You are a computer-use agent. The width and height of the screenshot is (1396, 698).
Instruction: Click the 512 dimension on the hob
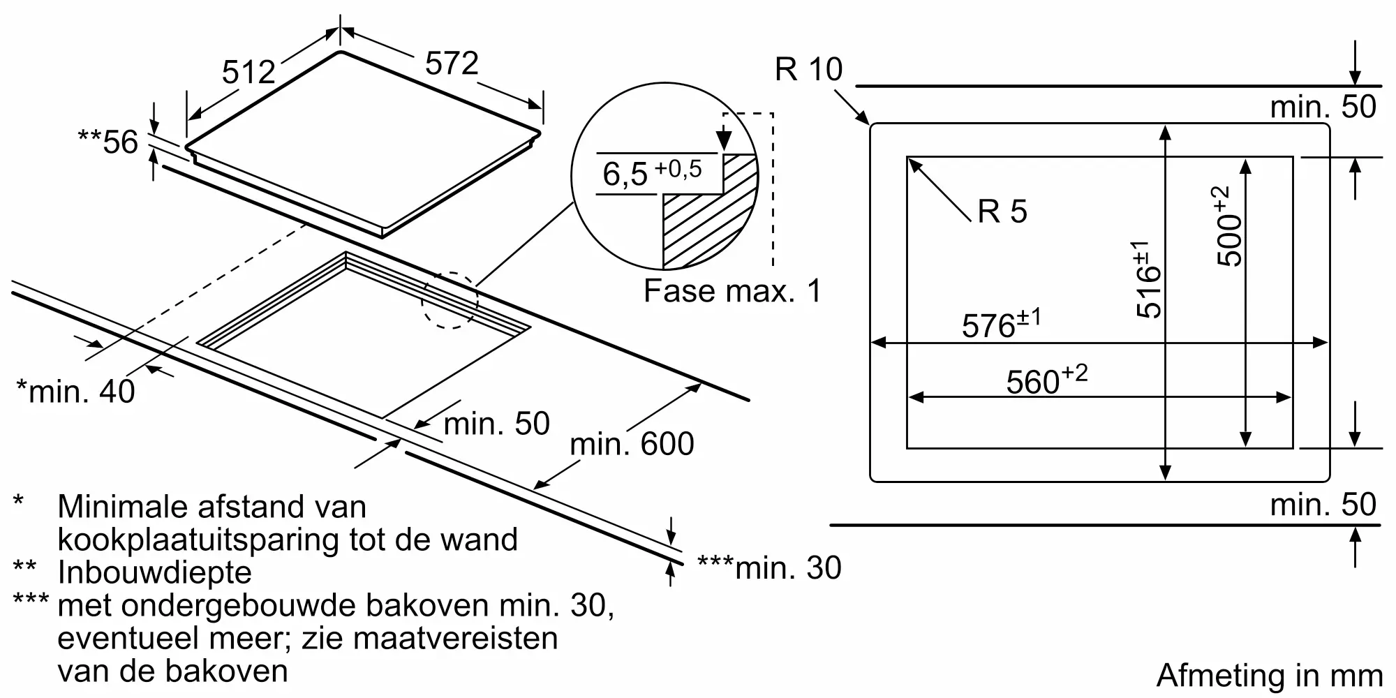pos(248,72)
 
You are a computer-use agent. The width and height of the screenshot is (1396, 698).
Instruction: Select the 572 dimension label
pos(452,64)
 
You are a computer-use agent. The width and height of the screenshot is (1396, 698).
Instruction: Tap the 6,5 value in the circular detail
pos(625,174)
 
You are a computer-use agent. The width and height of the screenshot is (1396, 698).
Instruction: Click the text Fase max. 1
pos(732,291)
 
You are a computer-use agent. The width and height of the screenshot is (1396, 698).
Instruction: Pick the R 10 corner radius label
pos(808,69)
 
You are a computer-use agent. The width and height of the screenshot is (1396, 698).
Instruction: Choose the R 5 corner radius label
pos(1002,211)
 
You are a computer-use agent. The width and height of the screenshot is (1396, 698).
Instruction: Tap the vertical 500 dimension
pos(1229,226)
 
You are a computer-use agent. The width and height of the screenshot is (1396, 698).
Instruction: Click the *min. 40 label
pos(75,392)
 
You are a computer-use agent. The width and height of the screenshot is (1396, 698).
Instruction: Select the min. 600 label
pos(632,444)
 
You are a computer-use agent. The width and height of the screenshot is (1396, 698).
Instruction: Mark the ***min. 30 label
pos(769,568)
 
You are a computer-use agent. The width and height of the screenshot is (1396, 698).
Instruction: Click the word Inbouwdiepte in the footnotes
pos(154,572)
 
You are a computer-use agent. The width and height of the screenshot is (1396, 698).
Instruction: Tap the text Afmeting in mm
pos(1269,676)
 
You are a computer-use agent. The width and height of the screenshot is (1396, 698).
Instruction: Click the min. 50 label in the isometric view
pos(496,424)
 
